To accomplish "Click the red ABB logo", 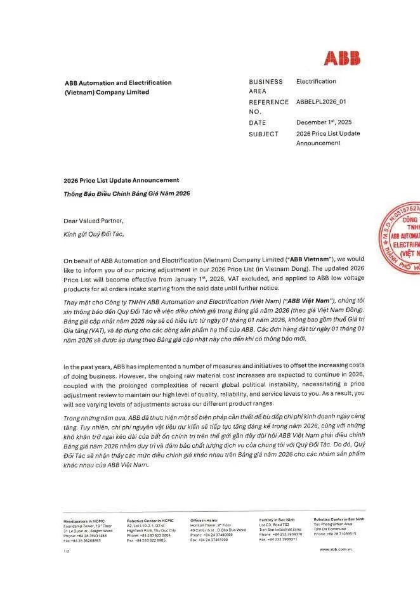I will point(342,58).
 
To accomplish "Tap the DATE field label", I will point(258,122).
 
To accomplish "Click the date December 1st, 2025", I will point(324,122).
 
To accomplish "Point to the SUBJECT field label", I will point(263,134).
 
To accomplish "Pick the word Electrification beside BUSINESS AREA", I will point(316,81).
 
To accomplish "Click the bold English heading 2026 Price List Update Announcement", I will point(121,180).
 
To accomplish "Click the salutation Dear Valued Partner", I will point(94,221).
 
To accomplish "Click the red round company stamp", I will point(402,239).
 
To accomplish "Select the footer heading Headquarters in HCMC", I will point(84,520).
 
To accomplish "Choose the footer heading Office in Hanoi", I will point(205,520).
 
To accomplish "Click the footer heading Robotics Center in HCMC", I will point(150,520).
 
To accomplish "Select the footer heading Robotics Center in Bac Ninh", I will point(339,519).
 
